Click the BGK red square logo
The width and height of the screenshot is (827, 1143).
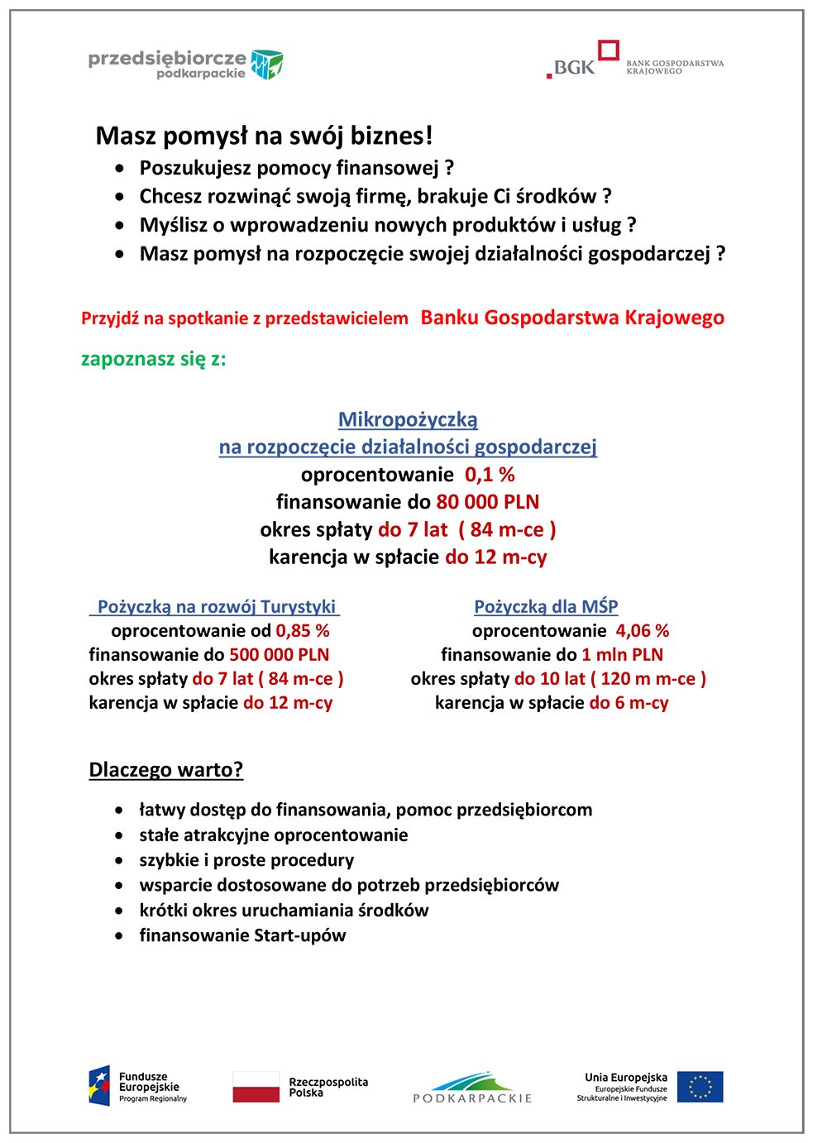(x=609, y=50)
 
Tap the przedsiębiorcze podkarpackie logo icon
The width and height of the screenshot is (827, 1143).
(x=267, y=64)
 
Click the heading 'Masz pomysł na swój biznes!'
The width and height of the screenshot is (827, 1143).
(x=264, y=136)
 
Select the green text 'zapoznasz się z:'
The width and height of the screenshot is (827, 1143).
(x=153, y=359)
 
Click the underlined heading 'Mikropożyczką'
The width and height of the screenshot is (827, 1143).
(x=408, y=419)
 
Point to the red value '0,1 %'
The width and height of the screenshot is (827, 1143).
(x=490, y=475)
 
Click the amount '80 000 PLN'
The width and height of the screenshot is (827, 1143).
(x=487, y=502)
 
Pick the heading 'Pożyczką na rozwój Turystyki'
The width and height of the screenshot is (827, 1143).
(x=216, y=606)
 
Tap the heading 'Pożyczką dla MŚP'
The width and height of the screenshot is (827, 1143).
(x=546, y=606)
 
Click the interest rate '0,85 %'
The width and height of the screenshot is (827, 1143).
(x=303, y=631)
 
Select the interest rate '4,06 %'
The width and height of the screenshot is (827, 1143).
(x=642, y=631)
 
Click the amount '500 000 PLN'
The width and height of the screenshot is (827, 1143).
(x=279, y=655)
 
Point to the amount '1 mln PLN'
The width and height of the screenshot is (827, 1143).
(x=622, y=655)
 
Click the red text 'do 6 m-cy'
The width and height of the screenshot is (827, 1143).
(x=629, y=703)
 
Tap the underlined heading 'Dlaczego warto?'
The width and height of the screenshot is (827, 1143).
(x=166, y=770)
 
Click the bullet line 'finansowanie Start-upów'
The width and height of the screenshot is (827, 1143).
(x=242, y=935)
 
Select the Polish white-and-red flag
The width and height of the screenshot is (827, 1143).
(x=256, y=1087)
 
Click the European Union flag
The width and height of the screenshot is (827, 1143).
(x=700, y=1087)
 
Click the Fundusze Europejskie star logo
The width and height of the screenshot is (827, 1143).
(x=99, y=1086)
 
